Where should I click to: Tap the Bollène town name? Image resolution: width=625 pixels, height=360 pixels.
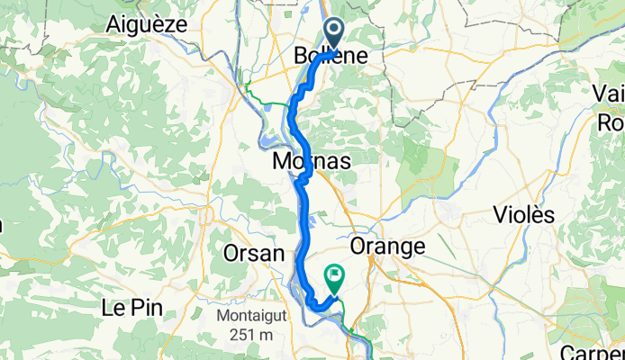330,57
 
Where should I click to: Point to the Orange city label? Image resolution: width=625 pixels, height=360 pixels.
385,247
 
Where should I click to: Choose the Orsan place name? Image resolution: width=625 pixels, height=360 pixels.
254,253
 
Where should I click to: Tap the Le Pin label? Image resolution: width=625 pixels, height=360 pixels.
124,307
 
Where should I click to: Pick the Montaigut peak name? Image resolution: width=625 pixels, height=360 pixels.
248,318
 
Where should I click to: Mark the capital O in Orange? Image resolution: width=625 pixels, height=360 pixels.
358,247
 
